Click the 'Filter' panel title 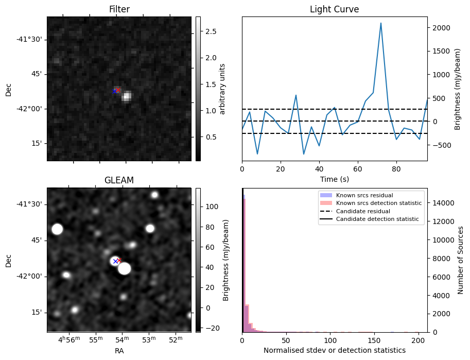119,9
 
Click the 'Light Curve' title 334,9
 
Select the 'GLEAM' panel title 119,180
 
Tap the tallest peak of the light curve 381,23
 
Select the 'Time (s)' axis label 334,179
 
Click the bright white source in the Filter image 127,96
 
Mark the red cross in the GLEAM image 119,260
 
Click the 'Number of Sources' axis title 461,260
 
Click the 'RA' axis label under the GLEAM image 119,351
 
